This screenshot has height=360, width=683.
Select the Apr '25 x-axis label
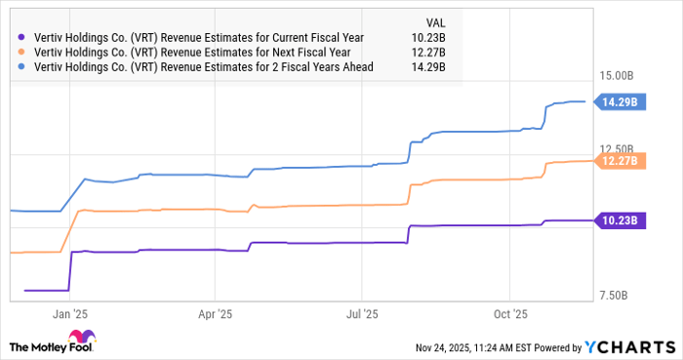[214, 314]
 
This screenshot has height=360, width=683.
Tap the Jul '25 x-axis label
[361, 314]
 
